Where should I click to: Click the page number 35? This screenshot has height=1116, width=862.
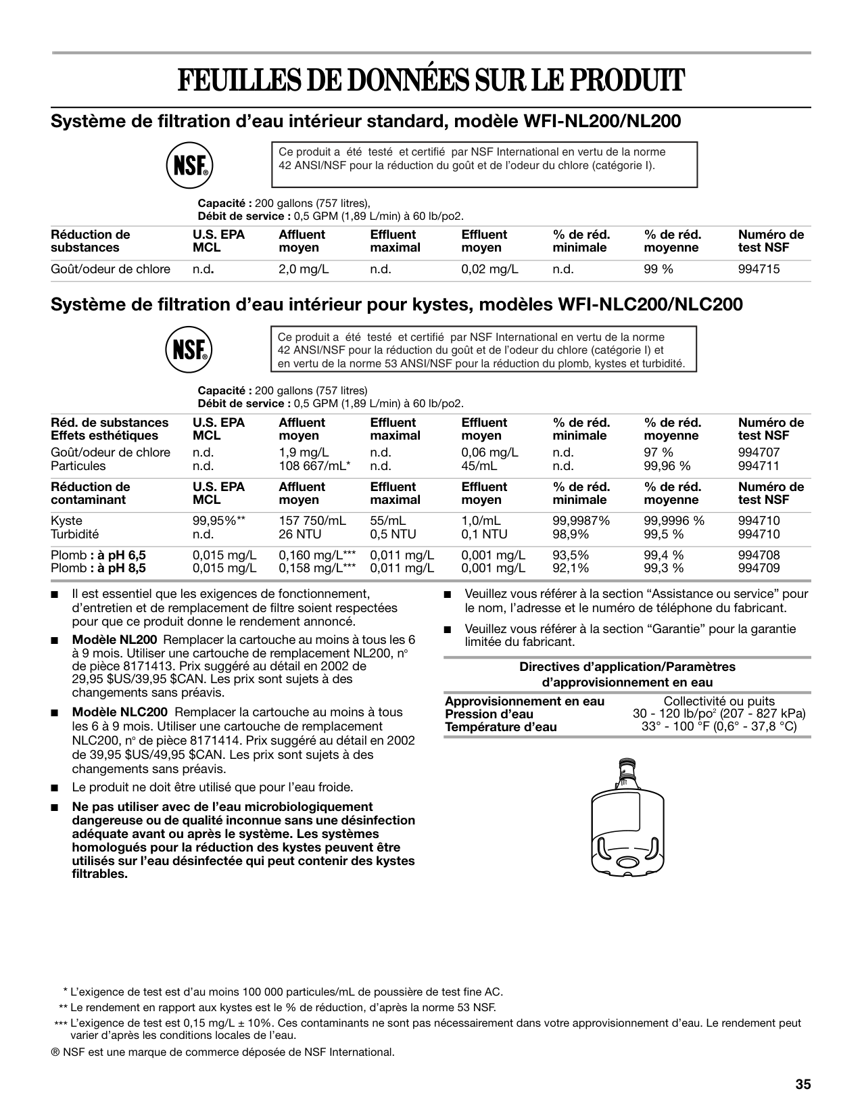click(x=803, y=1084)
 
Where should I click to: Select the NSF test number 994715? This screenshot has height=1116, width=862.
click(x=759, y=269)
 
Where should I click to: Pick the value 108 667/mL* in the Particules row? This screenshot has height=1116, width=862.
click(x=314, y=466)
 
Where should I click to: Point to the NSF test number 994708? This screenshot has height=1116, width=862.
click(x=759, y=555)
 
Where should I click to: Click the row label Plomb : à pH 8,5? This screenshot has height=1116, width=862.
click(x=99, y=569)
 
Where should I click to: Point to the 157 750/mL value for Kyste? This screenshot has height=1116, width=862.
click(x=312, y=521)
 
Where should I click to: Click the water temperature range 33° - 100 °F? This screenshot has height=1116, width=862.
click(x=719, y=727)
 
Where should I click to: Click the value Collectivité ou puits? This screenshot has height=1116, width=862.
click(x=719, y=701)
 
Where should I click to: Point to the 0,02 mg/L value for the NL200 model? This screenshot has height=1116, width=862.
click(x=489, y=269)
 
